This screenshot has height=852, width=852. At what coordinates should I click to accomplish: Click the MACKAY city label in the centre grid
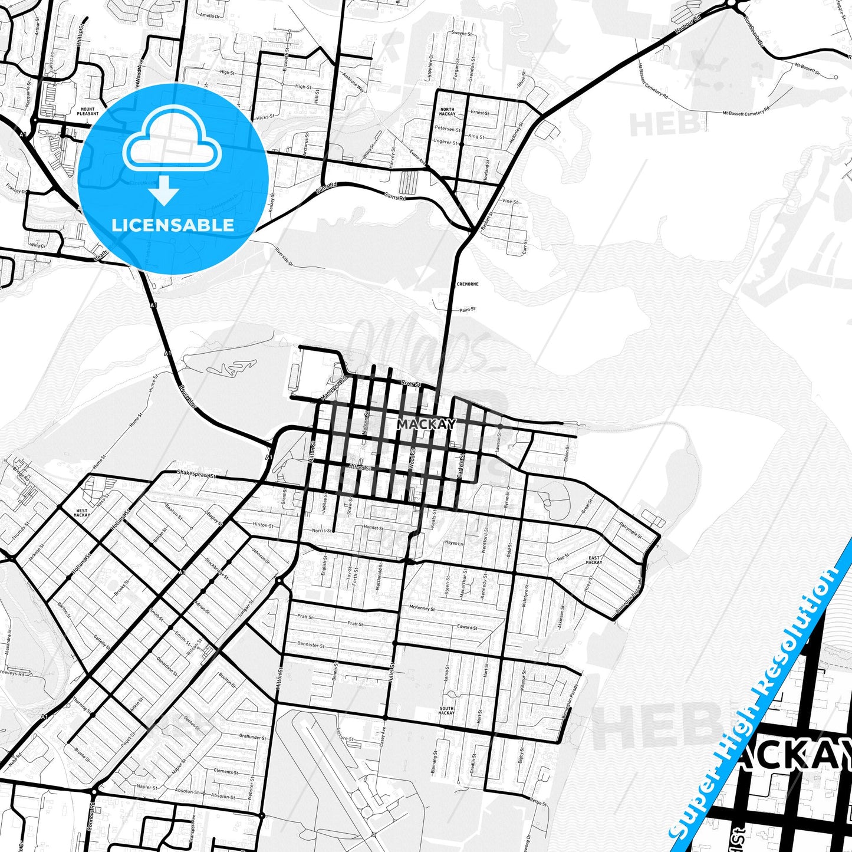click(426, 424)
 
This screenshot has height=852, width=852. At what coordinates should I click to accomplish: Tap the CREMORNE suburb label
click(468, 284)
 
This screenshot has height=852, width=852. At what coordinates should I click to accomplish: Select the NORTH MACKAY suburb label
click(448, 111)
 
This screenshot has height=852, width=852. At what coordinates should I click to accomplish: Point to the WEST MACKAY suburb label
click(82, 513)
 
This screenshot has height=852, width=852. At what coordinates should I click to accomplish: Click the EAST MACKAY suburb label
click(594, 560)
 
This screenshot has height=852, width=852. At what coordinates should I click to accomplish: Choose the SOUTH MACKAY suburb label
click(446, 710)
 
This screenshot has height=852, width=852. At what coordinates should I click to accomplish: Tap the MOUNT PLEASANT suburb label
click(87, 111)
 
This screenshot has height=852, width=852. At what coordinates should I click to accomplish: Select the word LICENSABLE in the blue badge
click(173, 225)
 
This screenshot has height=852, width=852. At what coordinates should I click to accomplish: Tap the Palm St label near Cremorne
click(468, 309)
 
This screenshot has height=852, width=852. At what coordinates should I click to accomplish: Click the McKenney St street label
click(422, 608)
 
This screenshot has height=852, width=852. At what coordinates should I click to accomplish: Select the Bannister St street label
click(311, 645)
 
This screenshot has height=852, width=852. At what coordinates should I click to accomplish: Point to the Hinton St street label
click(263, 525)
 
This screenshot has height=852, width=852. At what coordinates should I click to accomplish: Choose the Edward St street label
click(467, 627)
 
